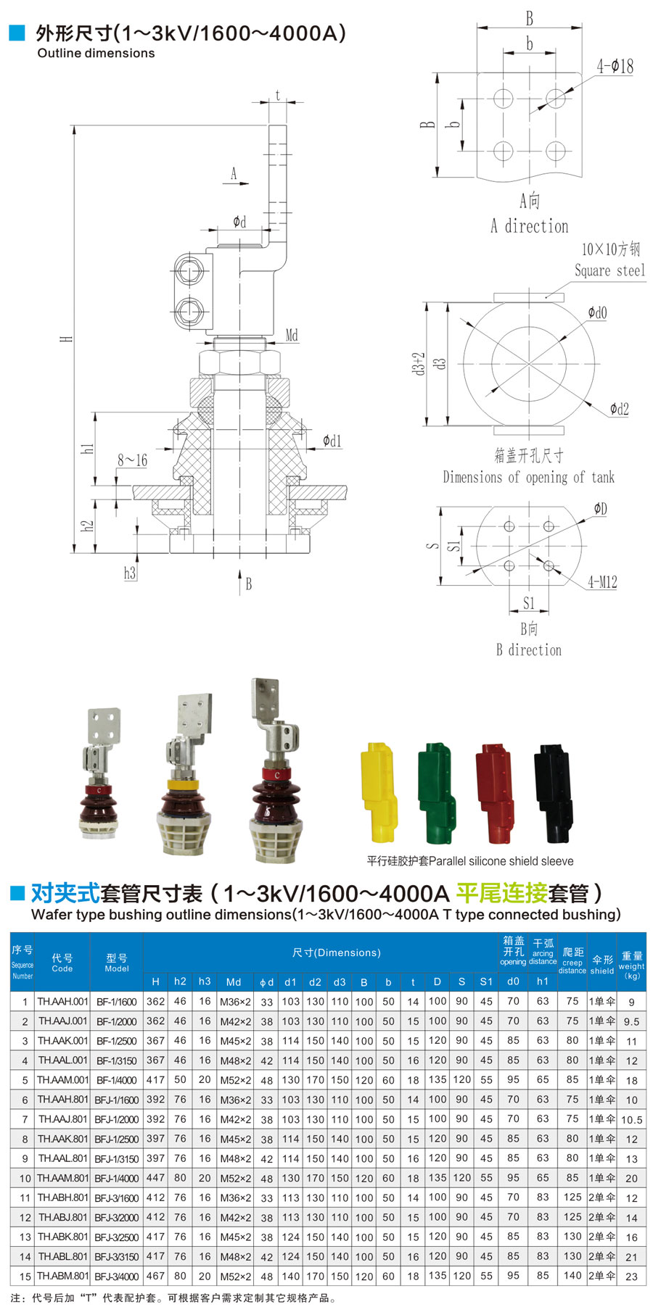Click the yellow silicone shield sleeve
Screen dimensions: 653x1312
379,792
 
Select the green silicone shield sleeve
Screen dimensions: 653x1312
437,793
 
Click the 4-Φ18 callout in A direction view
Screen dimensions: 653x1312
615,67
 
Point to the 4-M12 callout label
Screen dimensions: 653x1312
602,582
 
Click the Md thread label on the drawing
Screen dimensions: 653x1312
292,335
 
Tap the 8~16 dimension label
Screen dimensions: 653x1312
133,460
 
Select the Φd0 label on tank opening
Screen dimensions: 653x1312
597,312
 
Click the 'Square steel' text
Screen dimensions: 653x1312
609,270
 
